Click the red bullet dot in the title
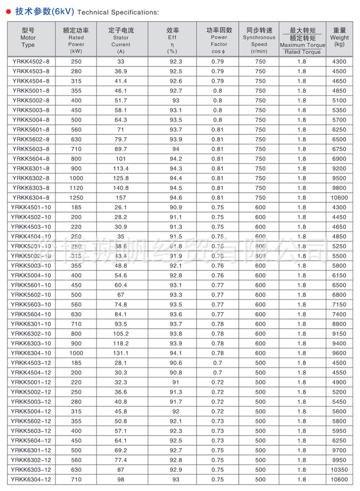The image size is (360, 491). pos(8,11)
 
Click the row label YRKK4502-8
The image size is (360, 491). pos(30,61)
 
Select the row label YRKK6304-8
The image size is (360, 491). pos(30,197)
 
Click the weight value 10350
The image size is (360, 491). pos(339,469)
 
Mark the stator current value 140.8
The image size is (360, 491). pos(121,187)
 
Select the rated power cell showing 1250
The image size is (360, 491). pos(76,197)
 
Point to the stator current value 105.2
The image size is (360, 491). pos(121,333)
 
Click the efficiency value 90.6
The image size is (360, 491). pos(175,362)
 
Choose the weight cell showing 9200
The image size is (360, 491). pos(339,168)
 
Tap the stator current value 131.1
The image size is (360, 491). pos(121,353)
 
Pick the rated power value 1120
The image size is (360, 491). pos(76,187)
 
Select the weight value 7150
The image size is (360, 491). pos(339,304)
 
